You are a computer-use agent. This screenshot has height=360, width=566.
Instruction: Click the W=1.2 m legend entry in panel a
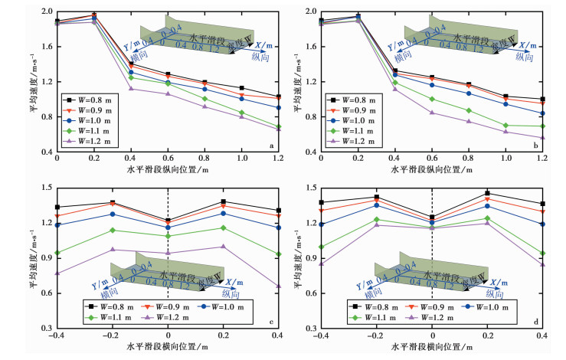click(x=89, y=142)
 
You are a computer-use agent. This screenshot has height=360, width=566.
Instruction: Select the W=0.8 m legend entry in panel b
click(x=352, y=100)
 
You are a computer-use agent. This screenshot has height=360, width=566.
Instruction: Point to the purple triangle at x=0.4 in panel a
click(x=131, y=88)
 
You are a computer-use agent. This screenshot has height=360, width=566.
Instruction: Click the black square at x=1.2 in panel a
click(x=279, y=97)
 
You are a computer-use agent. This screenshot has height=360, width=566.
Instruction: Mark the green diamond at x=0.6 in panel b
click(x=432, y=99)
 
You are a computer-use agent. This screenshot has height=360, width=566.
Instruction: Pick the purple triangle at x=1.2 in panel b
click(x=542, y=138)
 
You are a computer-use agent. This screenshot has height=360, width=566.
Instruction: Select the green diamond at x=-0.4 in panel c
click(x=57, y=252)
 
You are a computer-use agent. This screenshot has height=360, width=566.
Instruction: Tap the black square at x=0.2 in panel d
click(x=488, y=193)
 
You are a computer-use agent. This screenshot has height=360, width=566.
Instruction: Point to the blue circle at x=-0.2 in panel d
click(x=377, y=205)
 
